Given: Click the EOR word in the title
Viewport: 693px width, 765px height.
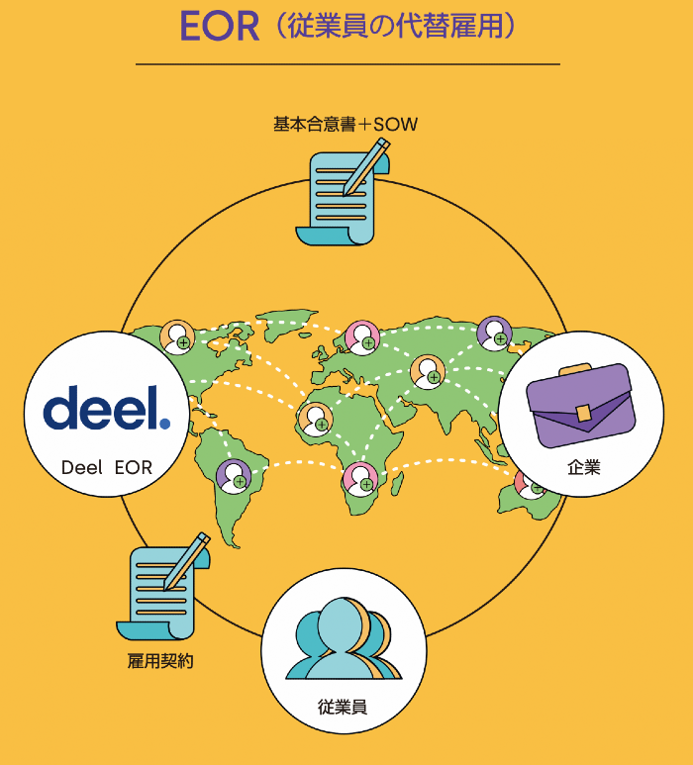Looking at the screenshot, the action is point(220,26).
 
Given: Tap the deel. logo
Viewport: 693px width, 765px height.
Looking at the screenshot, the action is point(107,408).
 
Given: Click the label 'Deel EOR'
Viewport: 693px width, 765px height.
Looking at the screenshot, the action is point(107,467).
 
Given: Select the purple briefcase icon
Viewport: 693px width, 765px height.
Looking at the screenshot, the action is point(581,405).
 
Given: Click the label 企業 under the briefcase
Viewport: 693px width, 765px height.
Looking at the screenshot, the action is point(584,467).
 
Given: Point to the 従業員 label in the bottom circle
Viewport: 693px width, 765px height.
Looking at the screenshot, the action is point(343,707).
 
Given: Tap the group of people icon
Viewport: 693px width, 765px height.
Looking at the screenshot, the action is point(344,638).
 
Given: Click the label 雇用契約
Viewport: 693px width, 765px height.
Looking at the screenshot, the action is point(160,661).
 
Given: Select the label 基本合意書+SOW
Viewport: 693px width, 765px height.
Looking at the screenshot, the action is point(346,124).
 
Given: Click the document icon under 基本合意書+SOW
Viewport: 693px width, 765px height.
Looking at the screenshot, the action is point(343,192).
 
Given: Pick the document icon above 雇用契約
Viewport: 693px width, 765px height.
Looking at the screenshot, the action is point(163,587).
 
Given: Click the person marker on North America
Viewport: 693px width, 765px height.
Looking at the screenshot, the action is point(177,337).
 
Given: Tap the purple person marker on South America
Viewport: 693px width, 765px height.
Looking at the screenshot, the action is point(234,477).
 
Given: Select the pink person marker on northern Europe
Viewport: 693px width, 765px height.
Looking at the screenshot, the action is point(362,337).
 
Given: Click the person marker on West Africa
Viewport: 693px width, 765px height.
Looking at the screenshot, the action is point(316,419).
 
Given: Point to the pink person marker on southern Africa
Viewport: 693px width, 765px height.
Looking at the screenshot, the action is point(360,479).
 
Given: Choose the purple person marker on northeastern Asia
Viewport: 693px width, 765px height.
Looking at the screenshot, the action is point(494,334).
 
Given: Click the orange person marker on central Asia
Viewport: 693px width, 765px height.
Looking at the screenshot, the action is point(428,372).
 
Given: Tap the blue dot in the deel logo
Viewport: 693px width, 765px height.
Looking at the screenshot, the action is point(165,424).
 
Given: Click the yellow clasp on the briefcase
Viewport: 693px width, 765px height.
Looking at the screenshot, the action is point(583,414).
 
